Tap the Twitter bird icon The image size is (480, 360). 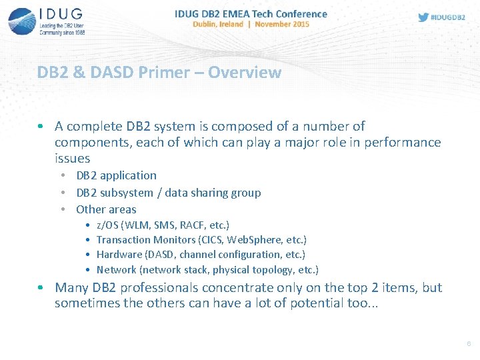tap(423, 17)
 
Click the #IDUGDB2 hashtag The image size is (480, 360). tap(448, 18)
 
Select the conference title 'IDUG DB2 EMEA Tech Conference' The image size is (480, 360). tap(251, 13)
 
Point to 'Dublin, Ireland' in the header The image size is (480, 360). tap(217, 24)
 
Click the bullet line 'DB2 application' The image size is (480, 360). tap(116, 175)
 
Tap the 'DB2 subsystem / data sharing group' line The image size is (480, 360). tap(168, 193)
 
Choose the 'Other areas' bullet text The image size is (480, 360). tap(106, 209)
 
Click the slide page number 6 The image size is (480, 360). tap(469, 343)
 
